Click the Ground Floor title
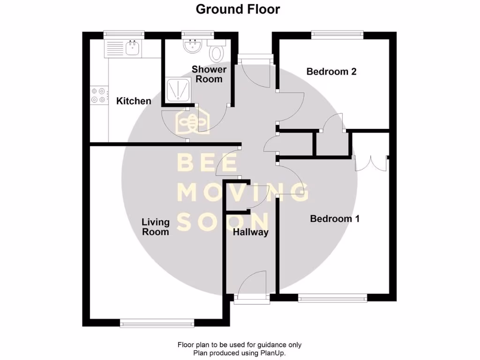coord(238,9)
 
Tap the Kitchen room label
coord(134,101)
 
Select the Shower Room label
coord(209,74)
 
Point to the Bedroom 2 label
coord(331,71)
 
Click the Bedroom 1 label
coord(335,218)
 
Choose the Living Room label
coord(155,227)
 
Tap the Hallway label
coord(251,232)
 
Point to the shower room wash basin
coord(192,46)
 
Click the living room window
coord(157,322)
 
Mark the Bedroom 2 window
coord(337,34)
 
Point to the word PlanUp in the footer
coord(272,353)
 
